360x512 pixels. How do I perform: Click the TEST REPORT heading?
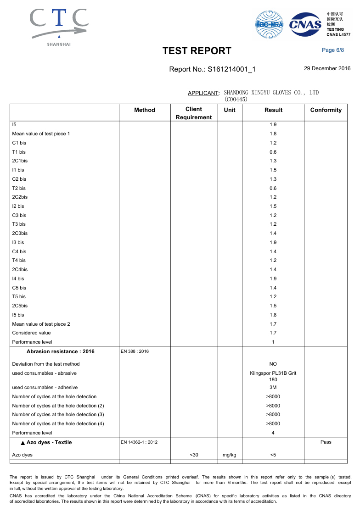[197, 51]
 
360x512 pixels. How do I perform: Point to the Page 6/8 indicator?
[333, 50]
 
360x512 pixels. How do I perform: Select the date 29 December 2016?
[327, 68]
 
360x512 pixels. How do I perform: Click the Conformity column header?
[326, 110]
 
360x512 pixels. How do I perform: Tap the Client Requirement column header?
[194, 113]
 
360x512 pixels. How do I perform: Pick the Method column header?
[145, 110]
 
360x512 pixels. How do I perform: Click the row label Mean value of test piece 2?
[41, 324]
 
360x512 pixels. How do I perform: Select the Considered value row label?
[32, 333]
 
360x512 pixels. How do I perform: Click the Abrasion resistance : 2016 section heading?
[61, 351]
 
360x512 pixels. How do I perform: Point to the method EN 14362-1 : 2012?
[139, 442]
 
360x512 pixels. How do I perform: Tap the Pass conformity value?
[326, 442]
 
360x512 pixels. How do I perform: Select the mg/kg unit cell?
[229, 455]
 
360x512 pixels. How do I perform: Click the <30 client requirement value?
[194, 455]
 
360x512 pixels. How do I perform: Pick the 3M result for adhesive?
[273, 387]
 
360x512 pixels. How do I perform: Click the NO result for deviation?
[273, 364]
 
